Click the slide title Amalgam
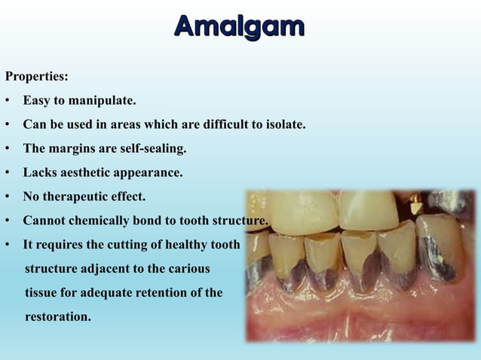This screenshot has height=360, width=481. [x=240, y=26]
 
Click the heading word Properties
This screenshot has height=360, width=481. [x=35, y=76]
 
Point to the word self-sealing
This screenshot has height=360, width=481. [x=148, y=148]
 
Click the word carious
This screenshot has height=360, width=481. [x=188, y=269]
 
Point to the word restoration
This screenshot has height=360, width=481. [x=57, y=317]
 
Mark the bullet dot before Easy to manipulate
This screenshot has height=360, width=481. [x=7, y=101]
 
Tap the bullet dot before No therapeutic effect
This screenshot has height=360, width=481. [x=7, y=197]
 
